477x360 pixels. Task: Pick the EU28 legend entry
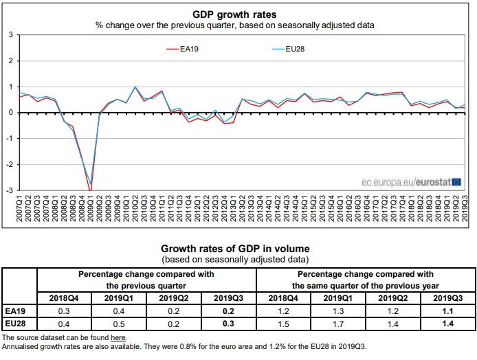pos(285,48)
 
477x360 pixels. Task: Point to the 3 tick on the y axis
pos(10,34)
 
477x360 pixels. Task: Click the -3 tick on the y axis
pos(9,190)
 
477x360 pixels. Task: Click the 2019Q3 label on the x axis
pos(465,206)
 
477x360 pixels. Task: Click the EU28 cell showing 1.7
pos(339,323)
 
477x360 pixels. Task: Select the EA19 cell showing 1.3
pos(339,310)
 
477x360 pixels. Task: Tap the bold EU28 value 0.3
pos(228,323)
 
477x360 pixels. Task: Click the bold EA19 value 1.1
pos(448,310)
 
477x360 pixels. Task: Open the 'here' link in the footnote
pos(118,338)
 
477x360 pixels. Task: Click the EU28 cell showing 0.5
pos(119,323)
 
